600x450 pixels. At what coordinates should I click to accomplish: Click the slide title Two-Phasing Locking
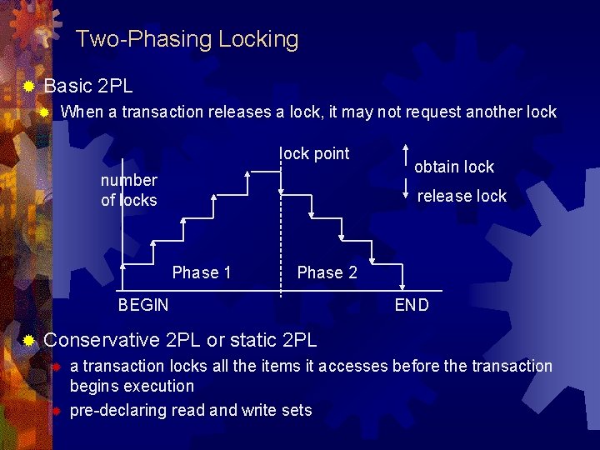coord(187,39)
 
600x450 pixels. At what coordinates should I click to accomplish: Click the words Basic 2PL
coord(87,86)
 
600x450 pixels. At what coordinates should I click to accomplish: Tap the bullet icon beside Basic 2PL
coord(28,86)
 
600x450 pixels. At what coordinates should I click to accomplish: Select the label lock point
coord(315,153)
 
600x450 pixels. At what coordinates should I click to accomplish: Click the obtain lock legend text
coord(454,167)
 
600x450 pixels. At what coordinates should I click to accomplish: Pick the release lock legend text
coord(462,196)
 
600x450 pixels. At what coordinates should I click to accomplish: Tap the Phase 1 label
coord(202,272)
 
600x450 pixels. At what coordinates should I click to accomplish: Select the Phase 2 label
coord(327,272)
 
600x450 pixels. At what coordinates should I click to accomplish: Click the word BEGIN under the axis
coord(143,305)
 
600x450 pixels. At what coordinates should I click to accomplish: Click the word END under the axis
coord(412,305)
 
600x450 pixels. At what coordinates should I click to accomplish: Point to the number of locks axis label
coord(128,190)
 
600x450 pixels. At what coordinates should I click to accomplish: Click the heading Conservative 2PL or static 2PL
coord(180,340)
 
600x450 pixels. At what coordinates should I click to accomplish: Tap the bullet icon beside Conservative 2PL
coord(28,340)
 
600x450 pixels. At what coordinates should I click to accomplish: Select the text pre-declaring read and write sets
coord(191,410)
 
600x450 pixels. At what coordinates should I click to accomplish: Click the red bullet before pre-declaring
coord(54,411)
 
